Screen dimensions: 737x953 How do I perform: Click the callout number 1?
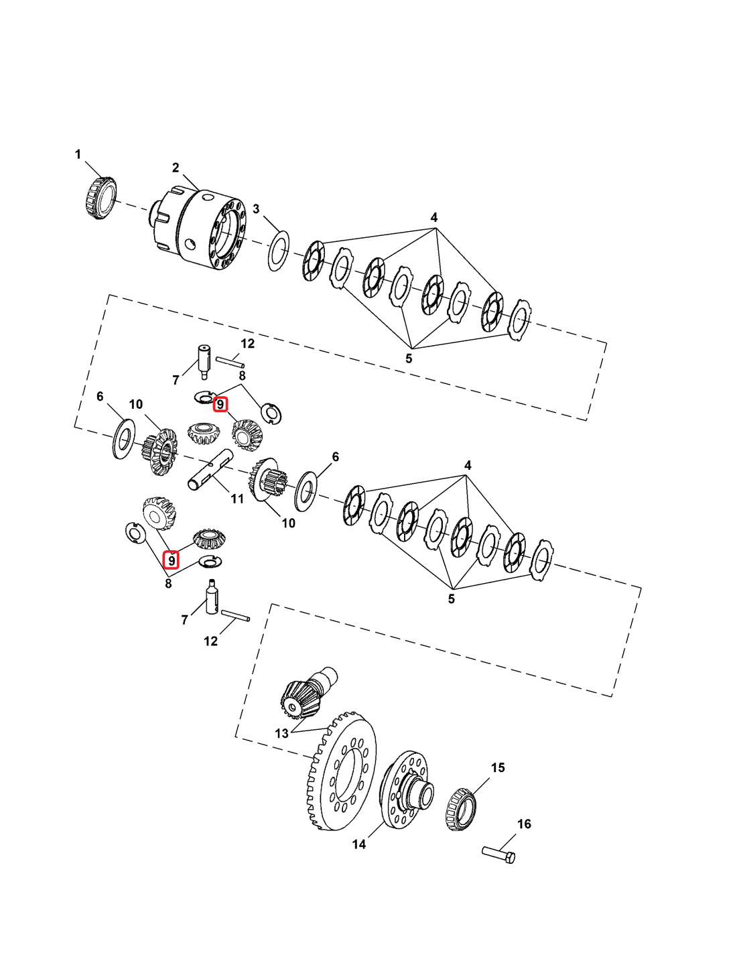[x=78, y=154]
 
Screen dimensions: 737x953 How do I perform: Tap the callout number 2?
[x=176, y=168]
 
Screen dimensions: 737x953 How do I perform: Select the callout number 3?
[x=256, y=208]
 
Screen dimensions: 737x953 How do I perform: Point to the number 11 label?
[x=237, y=499]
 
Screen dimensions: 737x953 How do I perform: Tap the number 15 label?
[x=498, y=767]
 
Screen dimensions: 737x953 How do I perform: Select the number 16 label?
[x=524, y=824]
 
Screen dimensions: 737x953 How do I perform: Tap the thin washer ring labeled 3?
[x=278, y=251]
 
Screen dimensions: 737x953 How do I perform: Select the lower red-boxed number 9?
[x=172, y=560]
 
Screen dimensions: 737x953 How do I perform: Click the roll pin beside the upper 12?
[x=230, y=362]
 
